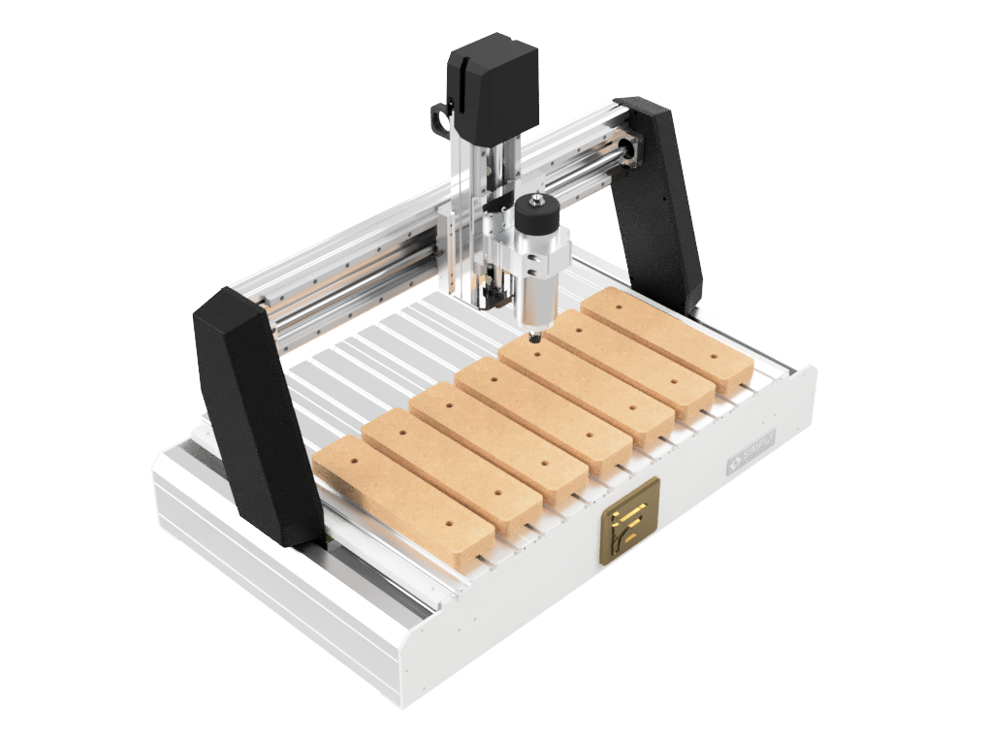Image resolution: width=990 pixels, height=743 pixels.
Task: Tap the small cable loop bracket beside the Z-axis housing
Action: [x=439, y=115]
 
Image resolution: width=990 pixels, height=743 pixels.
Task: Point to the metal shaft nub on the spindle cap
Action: [x=536, y=198]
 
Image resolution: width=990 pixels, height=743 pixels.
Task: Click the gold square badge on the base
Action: [x=628, y=520]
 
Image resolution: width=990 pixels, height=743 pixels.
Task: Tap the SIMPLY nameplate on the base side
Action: [x=752, y=455]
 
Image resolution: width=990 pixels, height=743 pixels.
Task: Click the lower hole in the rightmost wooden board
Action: [x=715, y=357]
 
